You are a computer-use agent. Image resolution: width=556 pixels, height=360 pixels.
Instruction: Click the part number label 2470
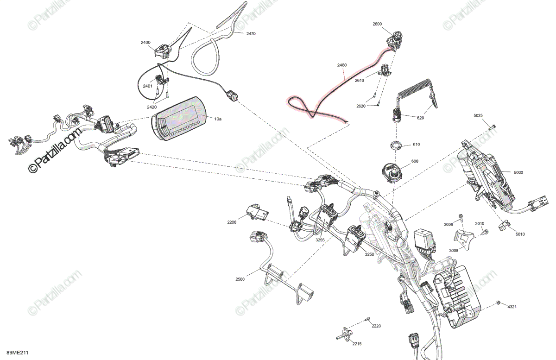251,34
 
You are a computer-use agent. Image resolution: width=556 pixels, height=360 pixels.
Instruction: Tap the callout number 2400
145,43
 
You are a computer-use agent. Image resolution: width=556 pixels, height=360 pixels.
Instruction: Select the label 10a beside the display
218,119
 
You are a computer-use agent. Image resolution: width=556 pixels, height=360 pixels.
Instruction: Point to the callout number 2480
341,65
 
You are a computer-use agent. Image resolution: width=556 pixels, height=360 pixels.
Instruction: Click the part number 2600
377,24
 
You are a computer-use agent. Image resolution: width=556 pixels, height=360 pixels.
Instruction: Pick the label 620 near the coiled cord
420,118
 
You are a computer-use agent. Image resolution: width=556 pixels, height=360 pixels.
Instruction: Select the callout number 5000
518,172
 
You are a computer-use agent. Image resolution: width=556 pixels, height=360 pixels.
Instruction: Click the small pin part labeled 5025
492,126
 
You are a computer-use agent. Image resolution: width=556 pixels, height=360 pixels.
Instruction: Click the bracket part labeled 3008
461,237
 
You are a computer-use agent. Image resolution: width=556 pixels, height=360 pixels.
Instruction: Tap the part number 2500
240,279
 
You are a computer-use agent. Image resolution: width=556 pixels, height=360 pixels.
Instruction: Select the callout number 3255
320,240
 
